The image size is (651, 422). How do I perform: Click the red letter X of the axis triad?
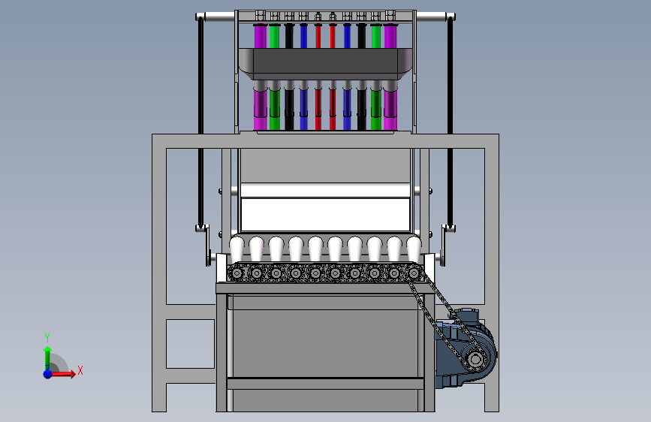tap(80, 370)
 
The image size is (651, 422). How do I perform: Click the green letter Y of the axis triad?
tap(47, 338)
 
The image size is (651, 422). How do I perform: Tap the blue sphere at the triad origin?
tap(48, 374)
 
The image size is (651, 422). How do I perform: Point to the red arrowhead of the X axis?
tap(72, 374)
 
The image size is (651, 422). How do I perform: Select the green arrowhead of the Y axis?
tap(48, 350)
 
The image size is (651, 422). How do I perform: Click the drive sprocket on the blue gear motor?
tap(476, 358)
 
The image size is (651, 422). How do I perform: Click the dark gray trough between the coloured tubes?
tap(326, 64)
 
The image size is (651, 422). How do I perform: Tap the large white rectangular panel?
tap(326, 214)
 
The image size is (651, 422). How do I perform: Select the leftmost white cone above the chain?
tap(237, 249)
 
